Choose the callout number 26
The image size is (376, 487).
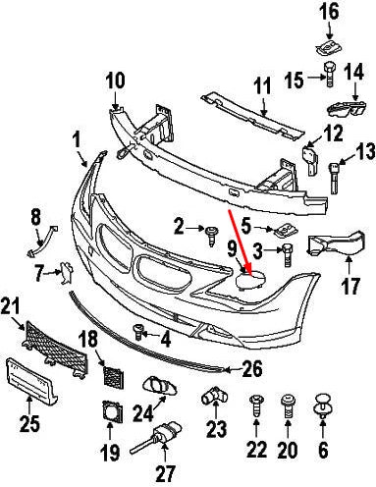click(x=252, y=370)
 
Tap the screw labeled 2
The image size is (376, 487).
click(x=211, y=232)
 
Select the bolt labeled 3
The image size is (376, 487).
click(x=287, y=255)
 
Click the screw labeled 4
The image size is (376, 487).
click(x=139, y=332)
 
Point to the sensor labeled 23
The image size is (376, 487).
click(x=213, y=400)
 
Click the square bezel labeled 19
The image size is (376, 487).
click(x=110, y=414)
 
